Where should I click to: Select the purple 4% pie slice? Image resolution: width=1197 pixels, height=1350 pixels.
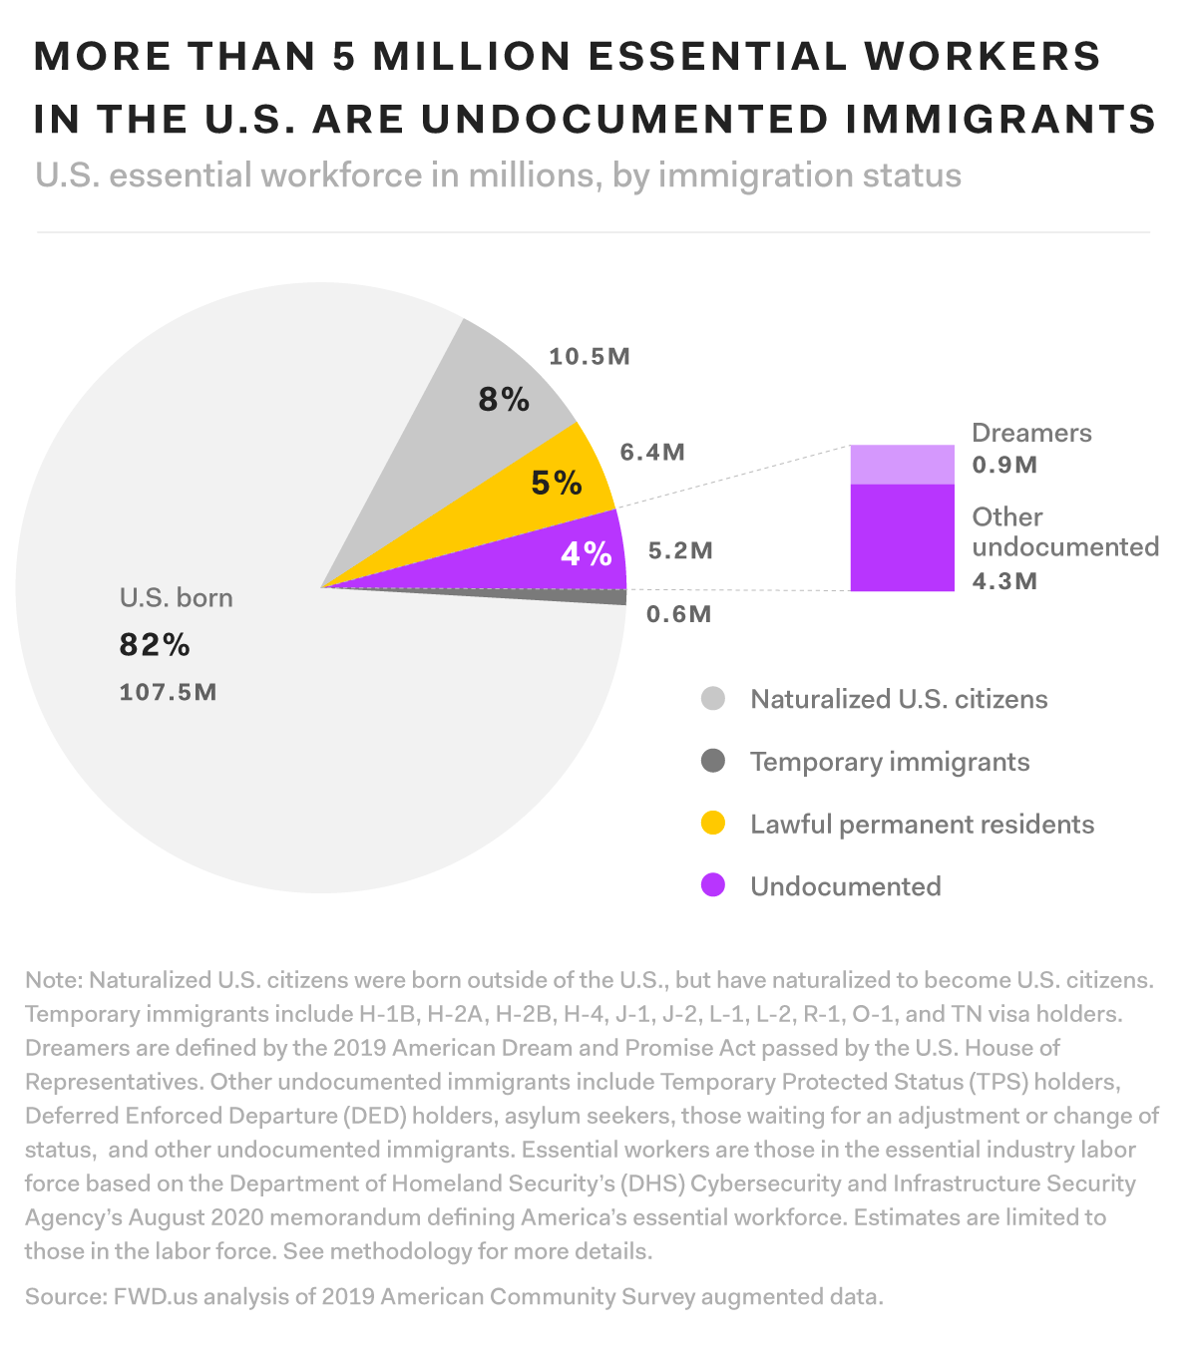559,558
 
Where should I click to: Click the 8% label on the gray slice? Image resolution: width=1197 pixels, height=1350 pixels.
504,400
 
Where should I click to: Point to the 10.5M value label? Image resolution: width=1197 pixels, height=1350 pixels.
590,357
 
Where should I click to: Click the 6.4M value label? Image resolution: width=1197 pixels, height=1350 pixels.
652,453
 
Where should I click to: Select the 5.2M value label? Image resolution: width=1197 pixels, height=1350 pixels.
680,550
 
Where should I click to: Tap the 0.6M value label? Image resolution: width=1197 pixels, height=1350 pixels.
678,614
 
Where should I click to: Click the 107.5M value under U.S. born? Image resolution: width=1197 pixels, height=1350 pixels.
168,692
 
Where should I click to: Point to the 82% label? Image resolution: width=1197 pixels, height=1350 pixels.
155,645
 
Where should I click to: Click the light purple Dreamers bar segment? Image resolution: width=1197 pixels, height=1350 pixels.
902,465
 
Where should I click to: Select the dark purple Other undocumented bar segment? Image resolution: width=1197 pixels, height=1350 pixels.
902,537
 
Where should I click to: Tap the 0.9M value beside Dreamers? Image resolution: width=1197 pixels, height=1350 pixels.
1004,465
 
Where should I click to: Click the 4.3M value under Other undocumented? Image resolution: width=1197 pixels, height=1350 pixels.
1004,580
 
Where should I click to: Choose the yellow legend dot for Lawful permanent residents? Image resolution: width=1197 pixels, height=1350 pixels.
713,824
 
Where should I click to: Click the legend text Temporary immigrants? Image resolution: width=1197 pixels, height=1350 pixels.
889,762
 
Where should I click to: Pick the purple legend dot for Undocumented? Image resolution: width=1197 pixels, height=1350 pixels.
713,885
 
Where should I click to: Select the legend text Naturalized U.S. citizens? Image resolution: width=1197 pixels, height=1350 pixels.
899,699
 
